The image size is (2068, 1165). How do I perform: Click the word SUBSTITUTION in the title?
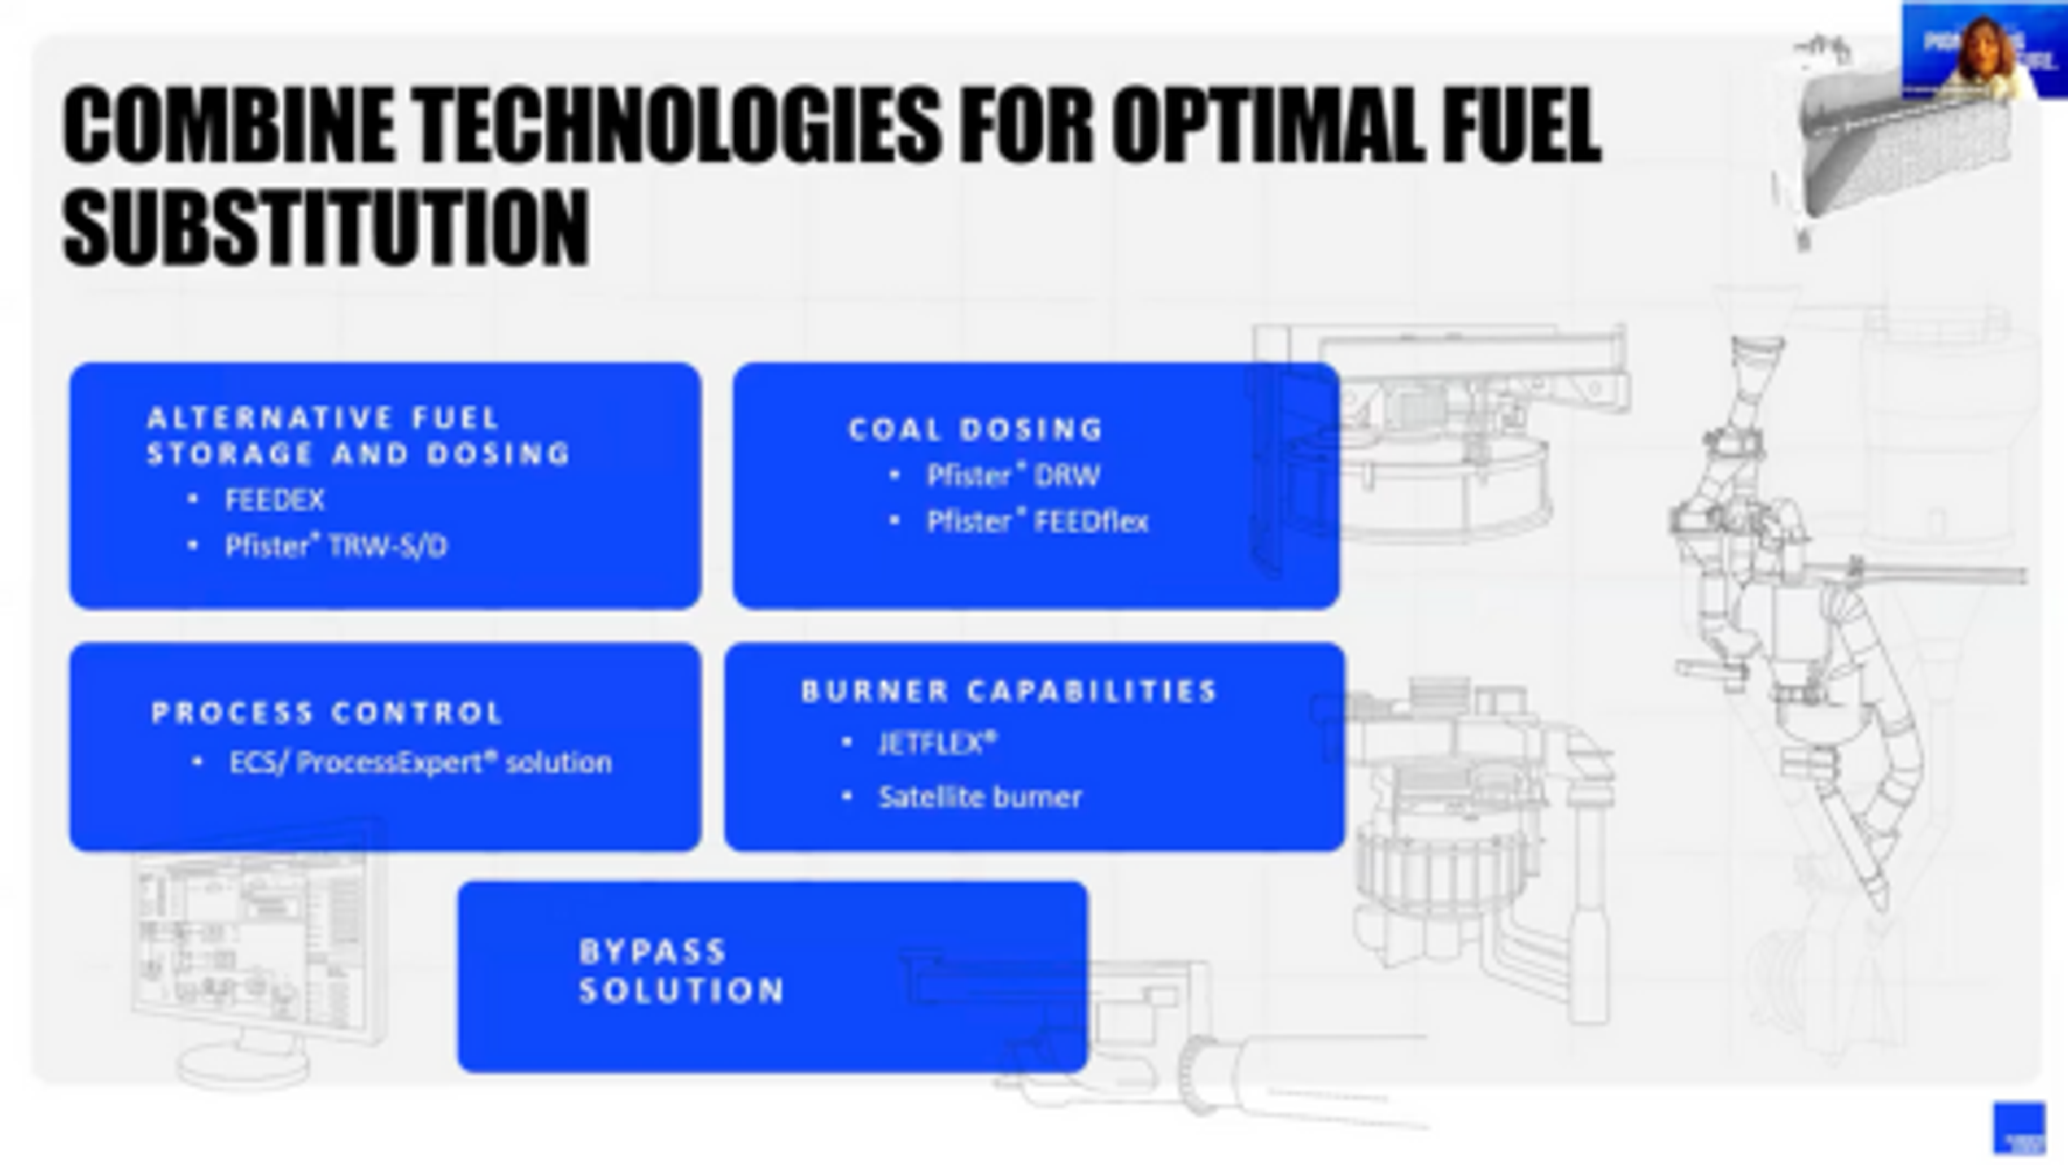326,227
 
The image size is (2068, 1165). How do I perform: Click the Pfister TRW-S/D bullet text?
336,547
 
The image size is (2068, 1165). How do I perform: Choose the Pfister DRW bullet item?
1013,475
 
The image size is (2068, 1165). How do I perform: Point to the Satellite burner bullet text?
980,797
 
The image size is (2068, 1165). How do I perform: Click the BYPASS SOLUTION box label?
681,972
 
